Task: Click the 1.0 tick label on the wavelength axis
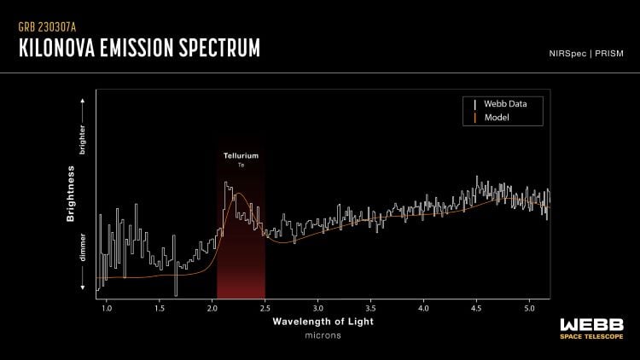(x=107, y=305)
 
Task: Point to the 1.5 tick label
(x=160, y=305)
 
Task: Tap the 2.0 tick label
(x=212, y=305)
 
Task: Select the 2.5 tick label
(x=265, y=305)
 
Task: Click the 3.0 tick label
(x=318, y=305)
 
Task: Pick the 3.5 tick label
(x=370, y=305)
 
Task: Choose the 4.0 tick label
(x=423, y=305)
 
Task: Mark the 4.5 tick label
(x=476, y=305)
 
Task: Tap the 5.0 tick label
(x=529, y=305)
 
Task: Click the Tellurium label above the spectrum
(x=241, y=156)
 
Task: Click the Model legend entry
(x=496, y=117)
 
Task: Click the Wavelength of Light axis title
(x=323, y=323)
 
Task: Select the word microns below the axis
(x=323, y=337)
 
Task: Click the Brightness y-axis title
(x=73, y=197)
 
